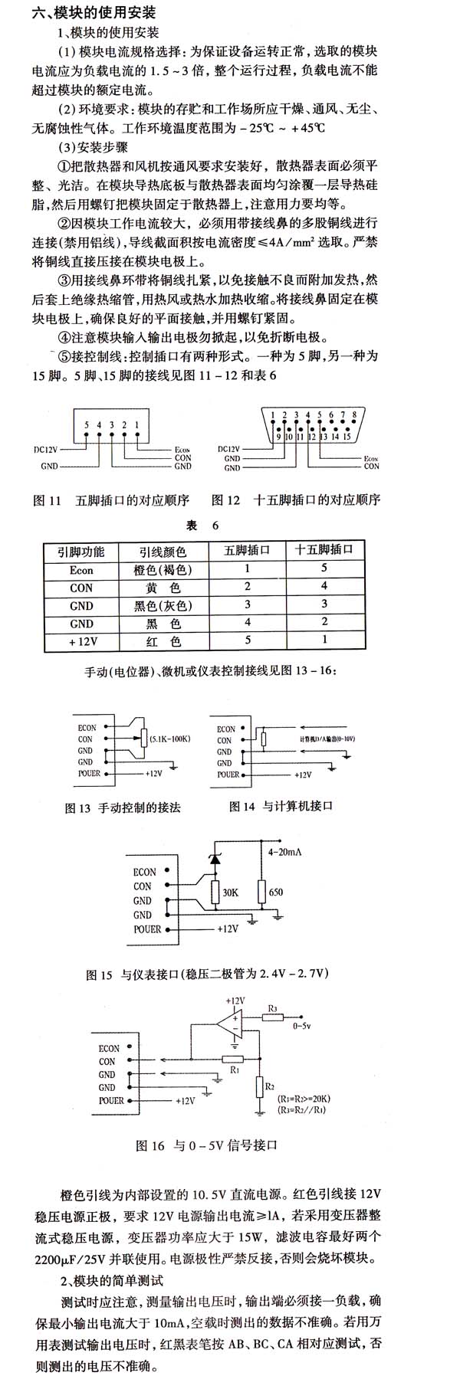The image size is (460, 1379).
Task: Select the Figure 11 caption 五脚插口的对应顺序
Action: (132, 500)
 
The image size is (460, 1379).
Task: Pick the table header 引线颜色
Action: (163, 552)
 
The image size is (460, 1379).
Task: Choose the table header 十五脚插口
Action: (324, 550)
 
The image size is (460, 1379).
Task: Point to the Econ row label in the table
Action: (81, 570)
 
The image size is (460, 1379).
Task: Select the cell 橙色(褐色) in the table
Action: (163, 570)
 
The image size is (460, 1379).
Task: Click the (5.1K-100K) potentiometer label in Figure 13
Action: (169, 739)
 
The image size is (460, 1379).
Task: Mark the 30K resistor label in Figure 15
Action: (230, 893)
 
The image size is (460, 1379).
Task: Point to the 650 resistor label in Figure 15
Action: (276, 893)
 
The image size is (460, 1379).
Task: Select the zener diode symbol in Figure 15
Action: (215, 860)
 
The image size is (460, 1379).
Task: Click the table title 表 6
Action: (202, 526)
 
